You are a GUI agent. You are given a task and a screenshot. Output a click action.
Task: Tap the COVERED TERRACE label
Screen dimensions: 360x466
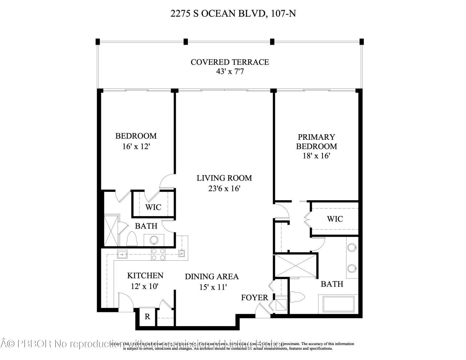coord(230,62)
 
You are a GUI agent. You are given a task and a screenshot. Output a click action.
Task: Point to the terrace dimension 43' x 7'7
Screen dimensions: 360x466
coord(230,72)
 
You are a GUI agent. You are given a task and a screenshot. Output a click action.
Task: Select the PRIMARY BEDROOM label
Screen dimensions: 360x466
coord(316,142)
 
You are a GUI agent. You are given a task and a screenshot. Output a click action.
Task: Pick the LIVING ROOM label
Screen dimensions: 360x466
coord(224,178)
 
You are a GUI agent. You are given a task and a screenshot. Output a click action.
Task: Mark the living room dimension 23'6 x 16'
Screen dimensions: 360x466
coord(224,189)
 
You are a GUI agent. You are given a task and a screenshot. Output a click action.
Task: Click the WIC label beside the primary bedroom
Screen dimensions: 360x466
coord(335,219)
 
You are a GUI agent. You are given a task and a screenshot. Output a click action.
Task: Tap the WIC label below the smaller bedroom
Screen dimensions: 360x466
coord(153,207)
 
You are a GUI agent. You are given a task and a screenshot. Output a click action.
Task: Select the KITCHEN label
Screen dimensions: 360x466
coord(145,276)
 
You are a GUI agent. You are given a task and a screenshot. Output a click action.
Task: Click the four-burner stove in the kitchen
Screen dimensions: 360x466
coord(158,254)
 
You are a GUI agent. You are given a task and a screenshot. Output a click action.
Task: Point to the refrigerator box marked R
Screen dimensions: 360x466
coord(147,317)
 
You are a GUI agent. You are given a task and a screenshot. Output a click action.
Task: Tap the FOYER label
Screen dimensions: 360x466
coord(254,297)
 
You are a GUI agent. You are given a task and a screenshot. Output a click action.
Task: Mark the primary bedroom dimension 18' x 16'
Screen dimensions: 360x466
coord(316,156)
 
